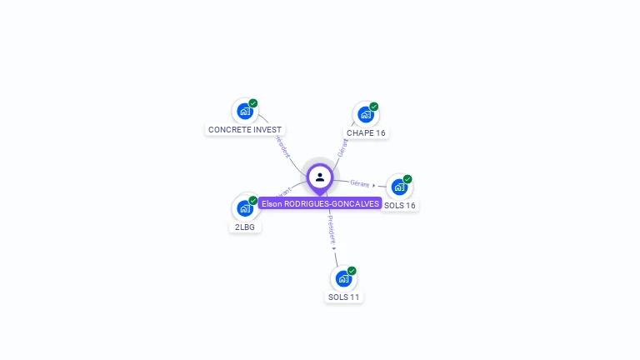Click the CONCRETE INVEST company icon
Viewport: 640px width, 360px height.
(x=244, y=111)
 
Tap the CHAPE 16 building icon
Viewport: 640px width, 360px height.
(x=365, y=114)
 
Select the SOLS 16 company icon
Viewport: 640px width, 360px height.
(x=399, y=187)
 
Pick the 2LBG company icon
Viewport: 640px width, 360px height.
(x=244, y=207)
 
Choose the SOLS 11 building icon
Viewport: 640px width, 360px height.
(x=343, y=278)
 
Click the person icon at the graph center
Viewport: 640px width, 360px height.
(x=320, y=177)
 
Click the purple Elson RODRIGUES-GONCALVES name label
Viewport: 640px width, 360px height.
(x=320, y=203)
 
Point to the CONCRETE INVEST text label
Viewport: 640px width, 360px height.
(x=245, y=130)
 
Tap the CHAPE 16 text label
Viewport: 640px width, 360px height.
(x=367, y=133)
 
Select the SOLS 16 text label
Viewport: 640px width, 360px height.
(x=400, y=206)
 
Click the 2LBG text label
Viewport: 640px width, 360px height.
(x=245, y=227)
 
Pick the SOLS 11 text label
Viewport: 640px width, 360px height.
(x=344, y=297)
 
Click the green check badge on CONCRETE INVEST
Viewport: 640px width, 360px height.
(x=253, y=103)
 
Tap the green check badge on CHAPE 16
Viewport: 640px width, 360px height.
(x=374, y=107)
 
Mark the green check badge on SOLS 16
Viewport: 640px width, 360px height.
(x=407, y=179)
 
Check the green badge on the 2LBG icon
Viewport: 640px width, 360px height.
(x=253, y=200)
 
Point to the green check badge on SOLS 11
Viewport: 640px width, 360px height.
(x=352, y=271)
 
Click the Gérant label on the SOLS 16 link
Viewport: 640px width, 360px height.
(x=360, y=183)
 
